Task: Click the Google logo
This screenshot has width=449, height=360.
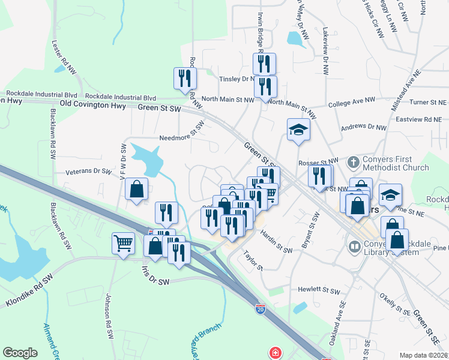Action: coord(20,353)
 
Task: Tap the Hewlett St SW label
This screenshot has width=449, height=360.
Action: coord(319,290)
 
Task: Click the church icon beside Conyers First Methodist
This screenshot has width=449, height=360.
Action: coord(353,163)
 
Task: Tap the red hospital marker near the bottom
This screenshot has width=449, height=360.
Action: coord(275,353)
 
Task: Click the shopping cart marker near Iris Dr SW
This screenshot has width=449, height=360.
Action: coord(123,244)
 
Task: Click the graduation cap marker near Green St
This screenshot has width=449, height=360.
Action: coord(298,130)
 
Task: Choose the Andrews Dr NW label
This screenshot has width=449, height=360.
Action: coord(363,127)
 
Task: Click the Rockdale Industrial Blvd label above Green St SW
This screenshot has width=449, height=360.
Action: coord(121,97)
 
